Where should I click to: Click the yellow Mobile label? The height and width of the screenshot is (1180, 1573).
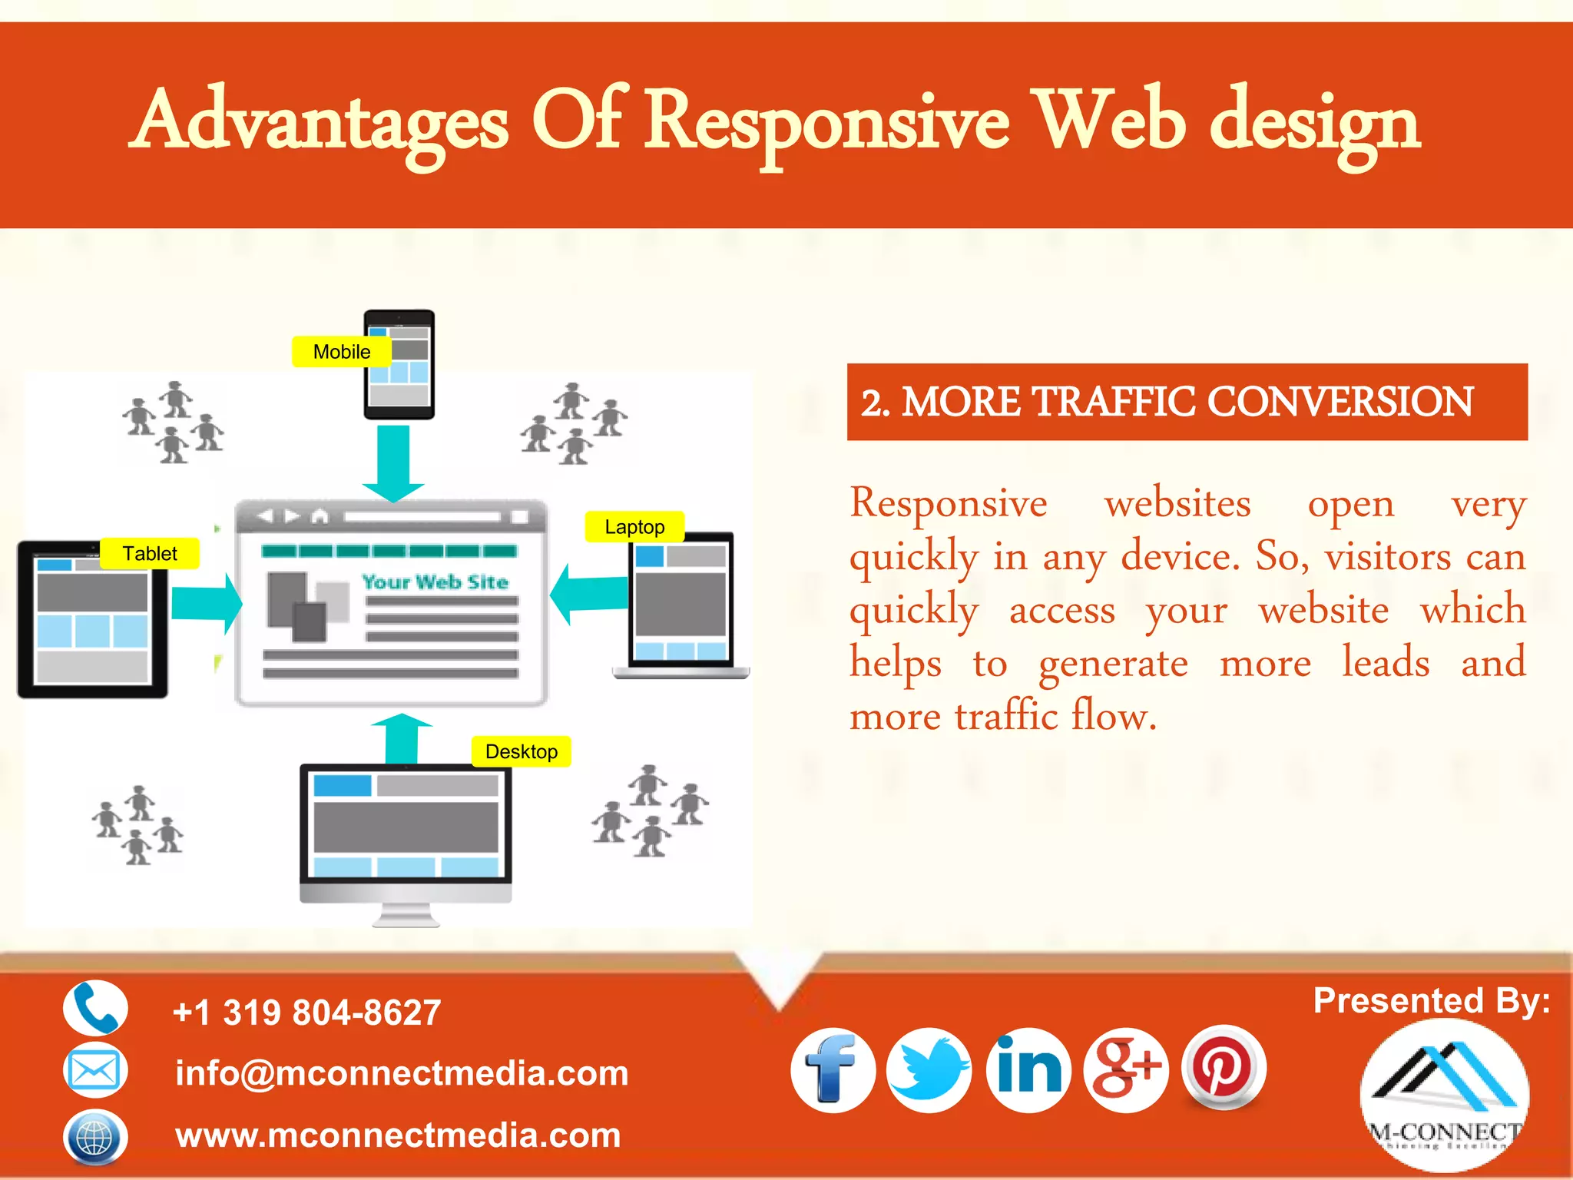click(342, 352)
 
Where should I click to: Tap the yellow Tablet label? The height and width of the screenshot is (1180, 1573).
click(150, 553)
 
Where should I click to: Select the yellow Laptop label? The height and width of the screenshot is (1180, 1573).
click(634, 527)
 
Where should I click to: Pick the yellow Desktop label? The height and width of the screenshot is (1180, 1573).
click(522, 751)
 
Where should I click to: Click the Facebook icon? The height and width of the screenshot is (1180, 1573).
click(833, 1070)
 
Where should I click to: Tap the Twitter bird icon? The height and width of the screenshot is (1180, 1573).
click(929, 1070)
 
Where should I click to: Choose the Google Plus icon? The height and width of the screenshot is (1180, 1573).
click(1126, 1070)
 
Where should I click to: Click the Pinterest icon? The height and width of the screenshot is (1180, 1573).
click(1223, 1067)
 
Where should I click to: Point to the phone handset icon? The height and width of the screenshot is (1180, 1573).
click(95, 1008)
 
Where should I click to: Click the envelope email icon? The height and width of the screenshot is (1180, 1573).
click(94, 1070)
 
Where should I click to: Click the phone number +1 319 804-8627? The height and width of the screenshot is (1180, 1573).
click(307, 1013)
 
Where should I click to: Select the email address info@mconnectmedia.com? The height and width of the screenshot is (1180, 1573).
click(402, 1073)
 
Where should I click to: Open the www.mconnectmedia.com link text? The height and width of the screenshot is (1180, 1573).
click(398, 1135)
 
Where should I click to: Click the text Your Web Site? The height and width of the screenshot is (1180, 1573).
click(435, 582)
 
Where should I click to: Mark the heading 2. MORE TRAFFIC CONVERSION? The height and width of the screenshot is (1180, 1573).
click(1167, 402)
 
